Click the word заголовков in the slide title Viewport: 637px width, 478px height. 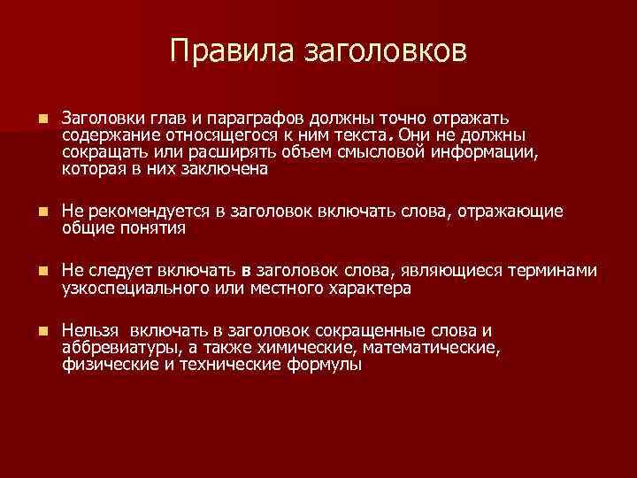[x=385, y=52]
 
